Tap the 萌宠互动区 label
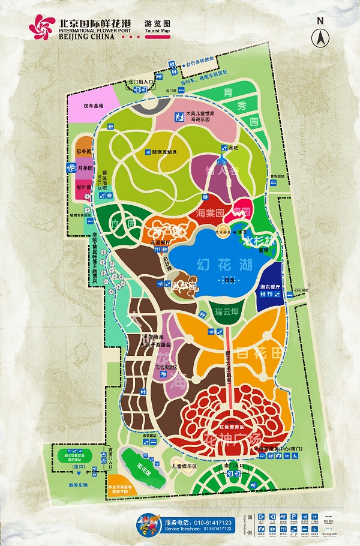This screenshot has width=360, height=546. [x=164, y=152]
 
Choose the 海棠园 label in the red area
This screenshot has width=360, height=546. [x=210, y=212]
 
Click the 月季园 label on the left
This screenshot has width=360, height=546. [x=85, y=169]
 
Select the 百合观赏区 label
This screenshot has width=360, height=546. [x=166, y=367]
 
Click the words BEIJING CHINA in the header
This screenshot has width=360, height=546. [x=85, y=36]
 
